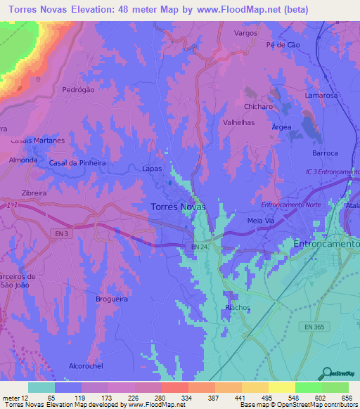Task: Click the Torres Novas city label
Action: (x=179, y=207)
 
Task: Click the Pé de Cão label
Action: (x=282, y=45)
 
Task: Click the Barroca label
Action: (x=325, y=153)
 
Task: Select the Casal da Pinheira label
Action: (x=77, y=163)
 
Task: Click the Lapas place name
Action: (x=152, y=169)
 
